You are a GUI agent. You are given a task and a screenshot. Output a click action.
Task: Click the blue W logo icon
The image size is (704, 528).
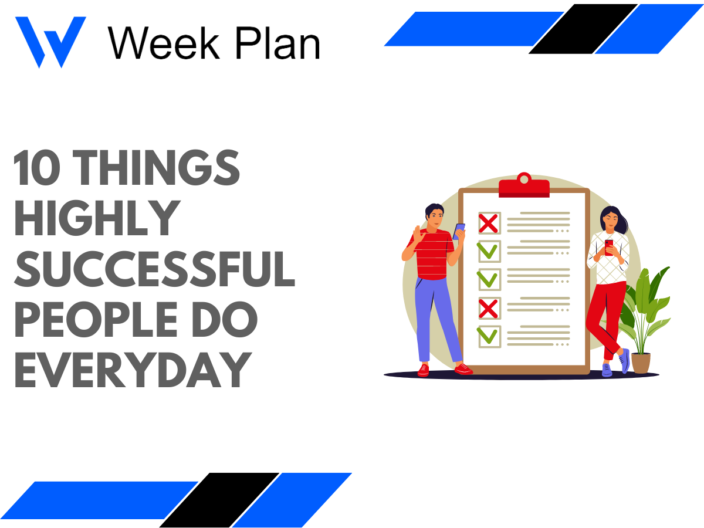pyautogui.click(x=50, y=41)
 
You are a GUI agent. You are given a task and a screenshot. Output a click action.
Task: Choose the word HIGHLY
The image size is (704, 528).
pyautogui.click(x=97, y=218)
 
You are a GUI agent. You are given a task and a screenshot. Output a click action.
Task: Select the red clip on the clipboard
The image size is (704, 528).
pyautogui.click(x=524, y=187)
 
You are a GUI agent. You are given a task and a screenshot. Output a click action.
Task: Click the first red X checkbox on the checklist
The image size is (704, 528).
pyautogui.click(x=489, y=223)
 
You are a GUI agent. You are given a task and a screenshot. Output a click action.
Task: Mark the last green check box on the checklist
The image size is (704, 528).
pyautogui.click(x=489, y=336)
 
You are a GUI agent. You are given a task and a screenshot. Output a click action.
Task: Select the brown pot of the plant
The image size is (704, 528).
pyautogui.click(x=641, y=362)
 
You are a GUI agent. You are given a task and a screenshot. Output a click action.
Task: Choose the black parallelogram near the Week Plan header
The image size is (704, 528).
pyautogui.click(x=584, y=29)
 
